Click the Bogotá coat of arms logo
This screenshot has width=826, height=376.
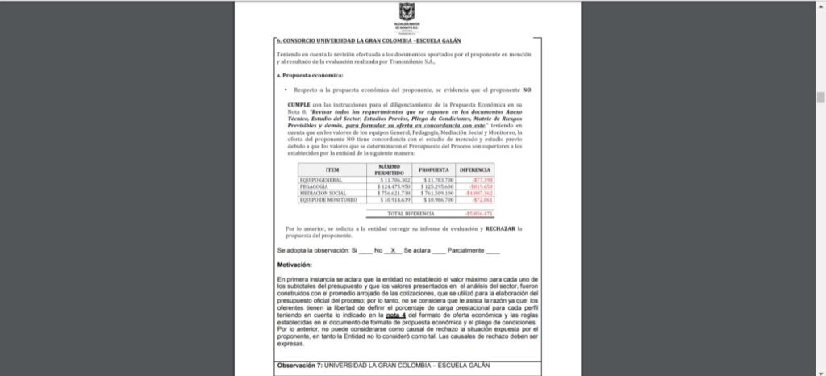[x=405, y=12]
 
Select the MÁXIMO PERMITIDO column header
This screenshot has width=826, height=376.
[x=394, y=169]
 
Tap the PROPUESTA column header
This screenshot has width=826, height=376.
[x=434, y=169]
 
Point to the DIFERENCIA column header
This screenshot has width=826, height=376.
[x=475, y=169]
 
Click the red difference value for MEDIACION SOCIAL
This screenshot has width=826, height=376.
[x=480, y=193]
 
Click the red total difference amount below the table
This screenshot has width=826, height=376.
[x=479, y=213]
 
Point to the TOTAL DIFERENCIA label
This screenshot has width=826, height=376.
[x=411, y=213]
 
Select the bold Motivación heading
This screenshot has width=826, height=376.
[x=294, y=265]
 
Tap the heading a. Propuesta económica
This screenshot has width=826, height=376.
[x=303, y=75]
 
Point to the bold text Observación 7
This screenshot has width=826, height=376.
[x=299, y=365]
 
